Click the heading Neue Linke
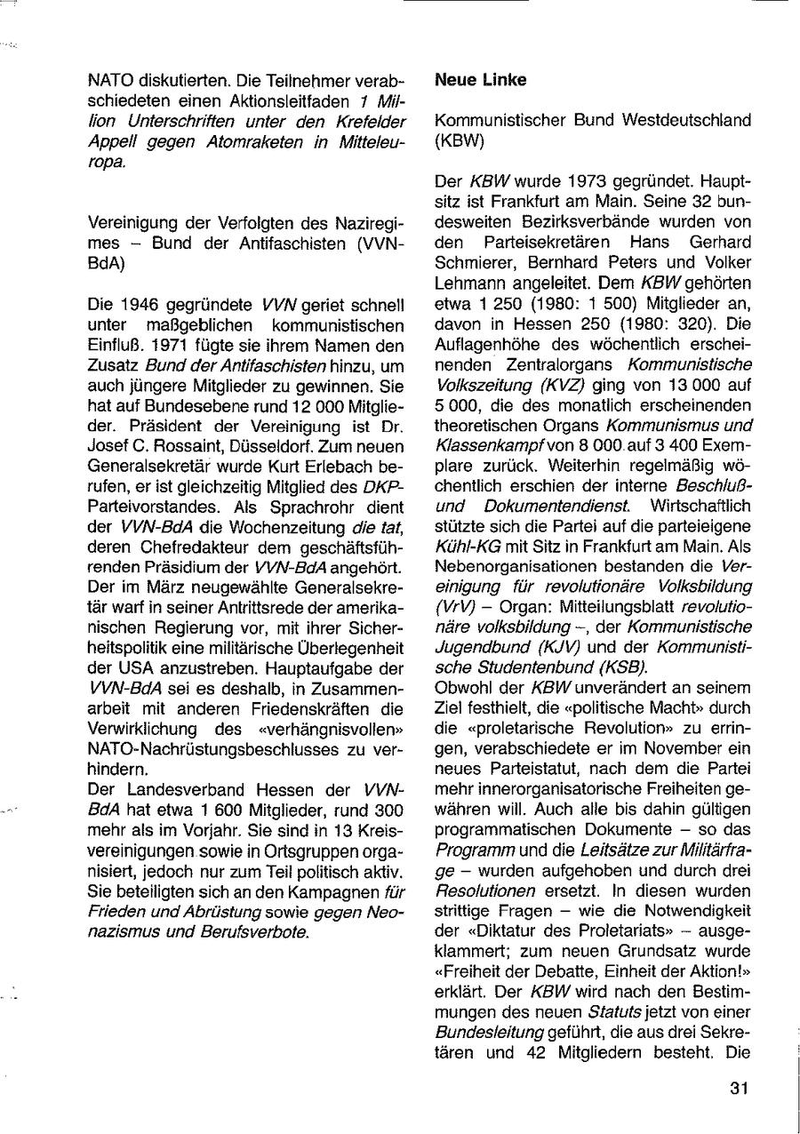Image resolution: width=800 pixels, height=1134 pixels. pyautogui.click(x=480, y=80)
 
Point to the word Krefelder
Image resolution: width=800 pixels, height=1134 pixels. pyautogui.click(x=364, y=120)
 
